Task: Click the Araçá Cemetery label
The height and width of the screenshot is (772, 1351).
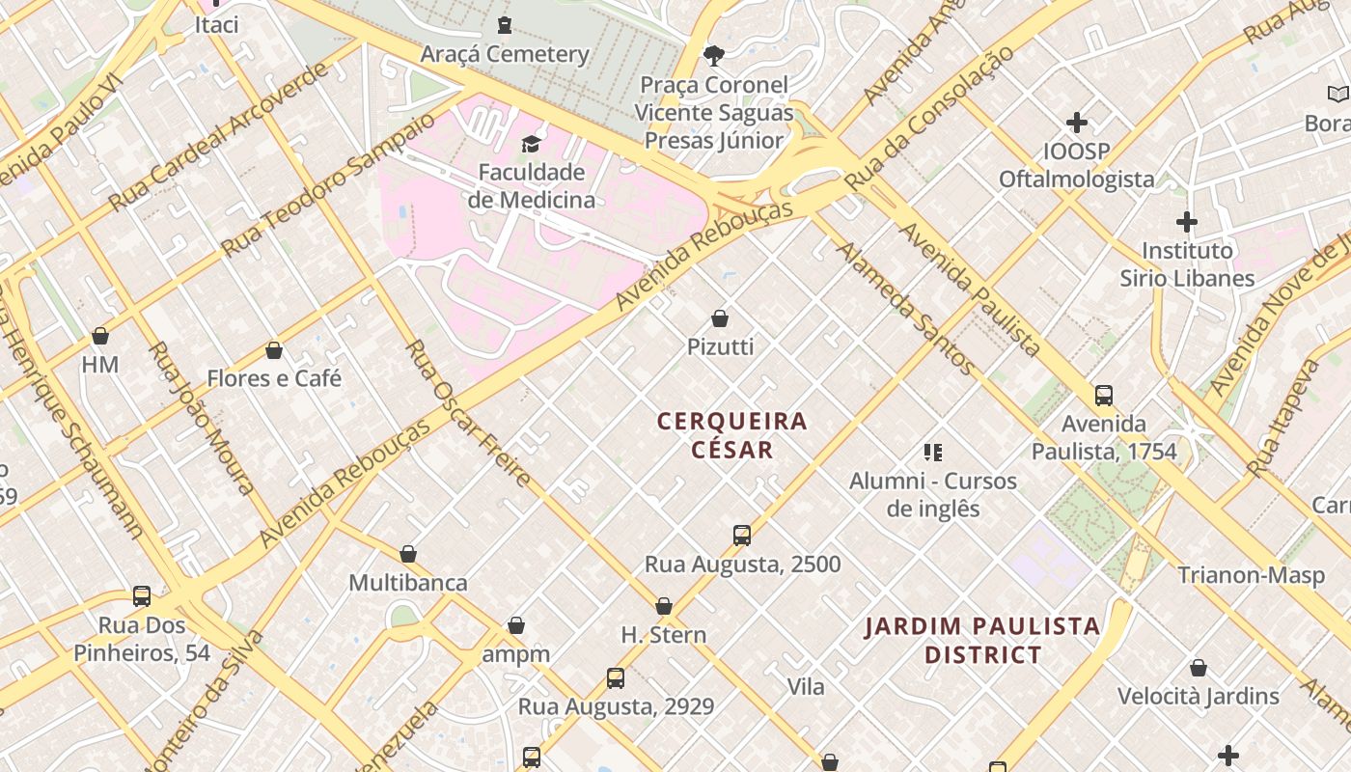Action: tap(505, 54)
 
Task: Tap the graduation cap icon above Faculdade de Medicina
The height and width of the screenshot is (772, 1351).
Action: tap(531, 145)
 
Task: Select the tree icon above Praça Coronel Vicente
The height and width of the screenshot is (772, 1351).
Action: tap(714, 55)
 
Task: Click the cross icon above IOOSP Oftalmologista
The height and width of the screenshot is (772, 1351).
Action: tap(1077, 123)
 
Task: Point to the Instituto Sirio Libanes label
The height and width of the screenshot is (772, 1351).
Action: tap(1187, 264)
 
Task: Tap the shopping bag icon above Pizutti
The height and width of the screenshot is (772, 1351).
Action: tap(720, 318)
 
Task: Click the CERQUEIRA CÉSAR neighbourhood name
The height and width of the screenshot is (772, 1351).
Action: tap(732, 435)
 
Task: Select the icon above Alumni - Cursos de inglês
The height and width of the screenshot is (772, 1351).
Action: tap(933, 452)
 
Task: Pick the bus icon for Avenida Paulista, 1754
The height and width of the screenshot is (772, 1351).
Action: tap(1104, 396)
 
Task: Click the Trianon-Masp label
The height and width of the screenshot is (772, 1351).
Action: tap(1251, 576)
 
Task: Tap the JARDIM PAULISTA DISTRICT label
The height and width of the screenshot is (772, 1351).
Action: tap(982, 641)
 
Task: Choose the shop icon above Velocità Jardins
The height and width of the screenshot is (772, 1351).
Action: tap(1199, 668)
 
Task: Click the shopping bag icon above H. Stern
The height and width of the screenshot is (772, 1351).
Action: tap(664, 606)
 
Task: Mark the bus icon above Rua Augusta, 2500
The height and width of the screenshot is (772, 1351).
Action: tap(742, 536)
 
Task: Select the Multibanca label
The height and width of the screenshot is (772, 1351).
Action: tap(408, 583)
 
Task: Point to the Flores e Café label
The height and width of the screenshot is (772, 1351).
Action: tap(274, 378)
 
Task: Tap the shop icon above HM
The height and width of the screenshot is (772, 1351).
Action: tap(100, 336)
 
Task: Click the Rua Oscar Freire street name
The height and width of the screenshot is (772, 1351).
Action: tap(468, 413)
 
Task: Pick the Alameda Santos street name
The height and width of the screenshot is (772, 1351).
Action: tap(904, 307)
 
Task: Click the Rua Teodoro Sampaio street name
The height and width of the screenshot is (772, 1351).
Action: tap(328, 185)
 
